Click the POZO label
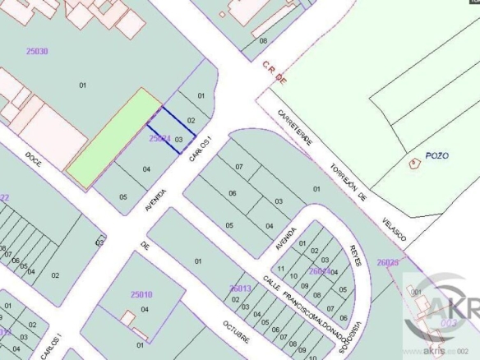click(x=436, y=155)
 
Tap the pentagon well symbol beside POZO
click(x=413, y=164)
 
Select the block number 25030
click(x=36, y=51)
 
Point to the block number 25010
click(x=141, y=294)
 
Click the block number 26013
click(x=240, y=288)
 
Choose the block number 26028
click(x=387, y=262)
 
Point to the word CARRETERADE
click(x=295, y=127)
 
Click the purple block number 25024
click(x=159, y=140)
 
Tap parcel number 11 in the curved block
click(x=281, y=269)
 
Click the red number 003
click(x=449, y=324)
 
